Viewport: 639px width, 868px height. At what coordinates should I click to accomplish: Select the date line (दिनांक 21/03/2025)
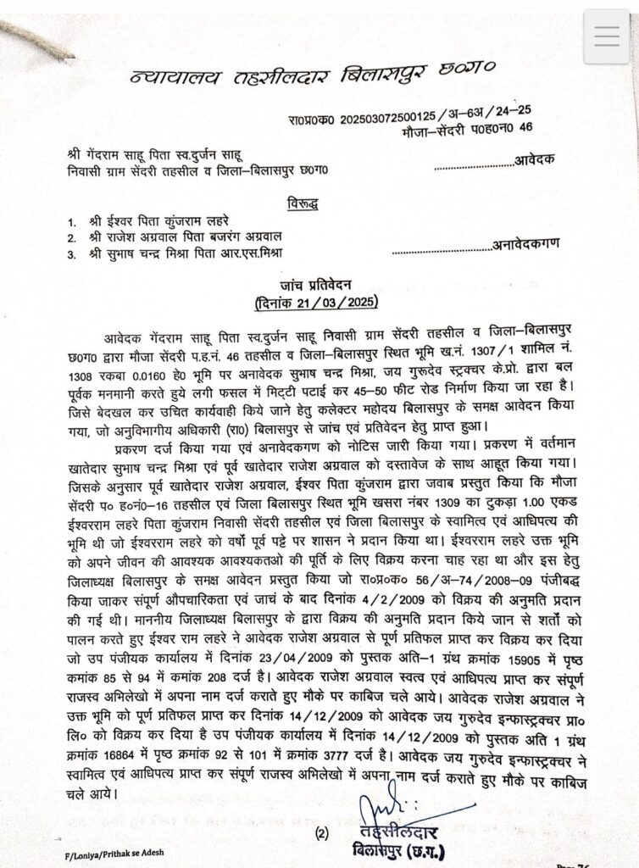(x=316, y=302)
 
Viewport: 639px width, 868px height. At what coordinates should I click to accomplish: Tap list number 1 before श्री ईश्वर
(x=74, y=220)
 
